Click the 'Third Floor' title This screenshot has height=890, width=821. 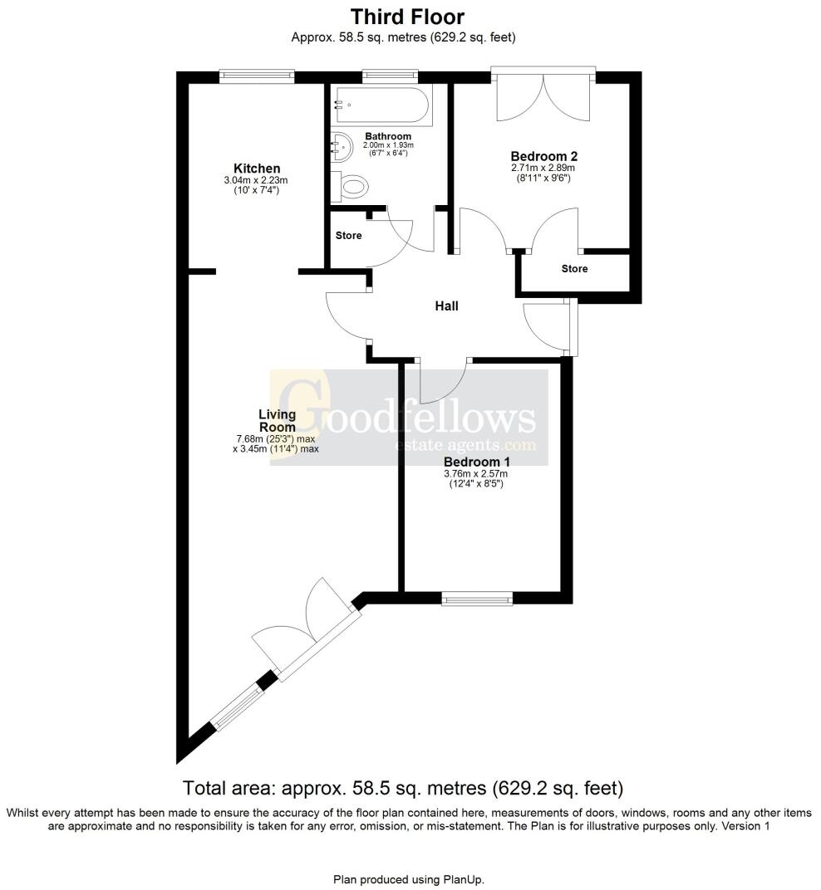(407, 17)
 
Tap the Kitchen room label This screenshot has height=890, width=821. (256, 168)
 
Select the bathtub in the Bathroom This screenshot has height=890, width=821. (381, 105)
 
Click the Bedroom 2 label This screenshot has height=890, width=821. (543, 155)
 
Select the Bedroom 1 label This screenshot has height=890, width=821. (476, 462)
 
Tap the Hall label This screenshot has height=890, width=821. (447, 306)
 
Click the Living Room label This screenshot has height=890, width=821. (277, 420)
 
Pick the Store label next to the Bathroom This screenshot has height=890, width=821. (348, 236)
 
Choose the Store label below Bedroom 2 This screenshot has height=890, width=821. (574, 269)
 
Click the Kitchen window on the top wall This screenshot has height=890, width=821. (257, 76)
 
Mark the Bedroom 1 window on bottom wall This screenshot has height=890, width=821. (477, 597)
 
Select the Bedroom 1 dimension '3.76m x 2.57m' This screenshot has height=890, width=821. (475, 474)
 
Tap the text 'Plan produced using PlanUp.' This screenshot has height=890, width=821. (408, 878)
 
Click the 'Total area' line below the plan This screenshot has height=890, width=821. (403, 787)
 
